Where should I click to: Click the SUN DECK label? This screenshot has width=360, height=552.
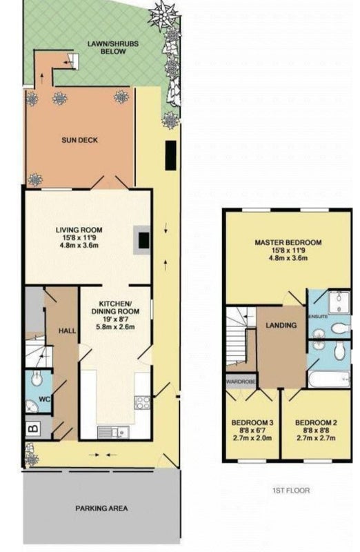pos(79,140)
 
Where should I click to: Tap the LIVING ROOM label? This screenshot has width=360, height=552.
pos(79,230)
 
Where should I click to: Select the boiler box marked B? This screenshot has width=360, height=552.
pos(34,428)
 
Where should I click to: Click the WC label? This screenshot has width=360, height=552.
pos(45,400)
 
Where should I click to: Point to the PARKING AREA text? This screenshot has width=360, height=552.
pos(101,509)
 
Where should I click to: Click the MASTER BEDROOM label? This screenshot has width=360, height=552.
pos(288,243)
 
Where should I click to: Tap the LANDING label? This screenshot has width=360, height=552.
pos(281,325)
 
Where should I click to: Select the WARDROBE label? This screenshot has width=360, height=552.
pos(241,382)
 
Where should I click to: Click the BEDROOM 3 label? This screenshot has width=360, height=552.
pos(252,423)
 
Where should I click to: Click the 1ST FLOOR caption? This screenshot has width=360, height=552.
pos(291,490)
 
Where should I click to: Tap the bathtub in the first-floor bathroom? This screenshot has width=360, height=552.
pos(329,379)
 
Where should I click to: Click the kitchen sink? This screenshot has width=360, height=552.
pos(113,432)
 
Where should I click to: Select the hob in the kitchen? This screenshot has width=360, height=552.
pos(143,403)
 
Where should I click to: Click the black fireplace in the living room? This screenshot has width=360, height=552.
pos(143,241)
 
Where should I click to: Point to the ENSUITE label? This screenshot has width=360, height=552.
pos(318,317)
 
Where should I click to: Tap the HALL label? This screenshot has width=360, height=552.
pos(67,331)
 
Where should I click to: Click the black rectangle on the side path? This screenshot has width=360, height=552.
pos(170,155)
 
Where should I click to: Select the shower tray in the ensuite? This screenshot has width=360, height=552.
pos(339,302)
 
